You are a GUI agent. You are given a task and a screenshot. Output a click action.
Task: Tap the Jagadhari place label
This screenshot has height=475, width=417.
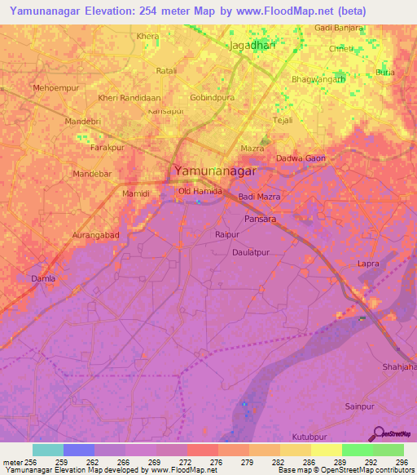(253, 46)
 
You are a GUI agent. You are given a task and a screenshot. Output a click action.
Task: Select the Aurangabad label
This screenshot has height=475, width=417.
(95, 235)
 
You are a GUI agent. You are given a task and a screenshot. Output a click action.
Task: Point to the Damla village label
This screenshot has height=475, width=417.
(43, 279)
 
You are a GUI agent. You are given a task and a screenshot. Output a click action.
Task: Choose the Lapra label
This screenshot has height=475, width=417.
(369, 264)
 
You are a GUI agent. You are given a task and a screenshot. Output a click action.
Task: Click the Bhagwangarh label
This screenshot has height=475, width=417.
(318, 80)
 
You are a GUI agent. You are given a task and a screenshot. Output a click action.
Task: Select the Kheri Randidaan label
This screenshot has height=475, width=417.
(129, 98)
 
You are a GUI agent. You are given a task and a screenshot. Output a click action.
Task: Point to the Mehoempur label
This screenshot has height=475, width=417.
(55, 87)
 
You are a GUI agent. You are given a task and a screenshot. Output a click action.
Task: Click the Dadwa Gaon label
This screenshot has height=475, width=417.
(301, 158)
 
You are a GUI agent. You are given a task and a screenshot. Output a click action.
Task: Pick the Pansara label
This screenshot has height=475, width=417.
(262, 220)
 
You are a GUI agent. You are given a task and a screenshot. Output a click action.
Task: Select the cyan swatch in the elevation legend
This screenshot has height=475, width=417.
(47, 450)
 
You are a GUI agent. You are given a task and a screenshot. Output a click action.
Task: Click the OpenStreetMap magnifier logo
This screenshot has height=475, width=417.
(378, 433)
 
